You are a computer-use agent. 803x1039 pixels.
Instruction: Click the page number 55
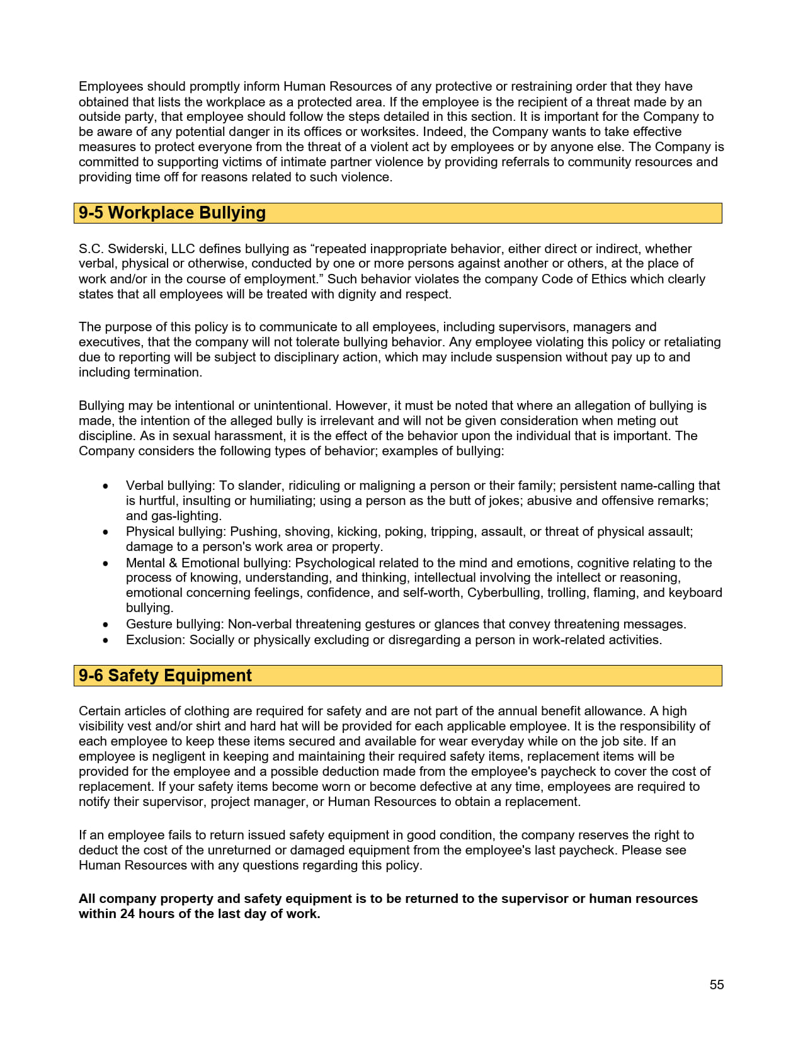coord(717,985)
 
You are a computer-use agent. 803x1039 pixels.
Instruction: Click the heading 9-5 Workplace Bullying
coord(172,213)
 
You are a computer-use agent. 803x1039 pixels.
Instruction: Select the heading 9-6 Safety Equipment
coord(165,676)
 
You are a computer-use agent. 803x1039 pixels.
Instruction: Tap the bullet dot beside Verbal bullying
coord(106,486)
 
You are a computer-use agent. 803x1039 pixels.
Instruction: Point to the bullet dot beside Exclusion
coord(106,640)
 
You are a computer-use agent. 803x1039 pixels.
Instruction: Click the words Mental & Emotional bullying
coord(208,563)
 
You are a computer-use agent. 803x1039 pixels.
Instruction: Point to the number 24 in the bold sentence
coord(127,914)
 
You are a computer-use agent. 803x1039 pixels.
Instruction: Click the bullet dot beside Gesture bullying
coord(106,625)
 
